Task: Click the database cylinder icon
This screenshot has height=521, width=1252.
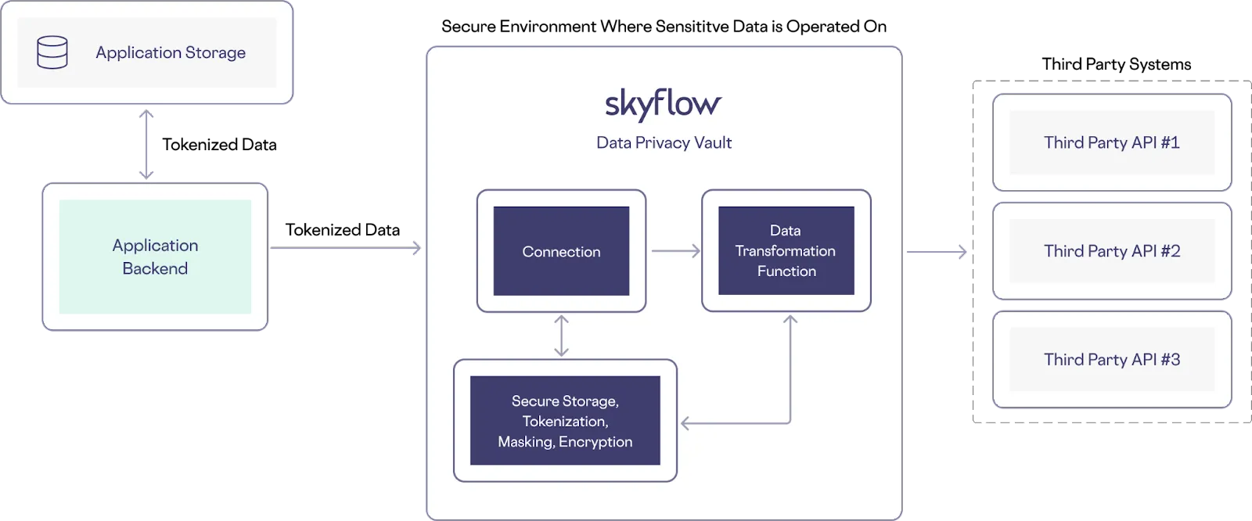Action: [52, 52]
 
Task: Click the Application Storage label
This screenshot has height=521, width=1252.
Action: [171, 52]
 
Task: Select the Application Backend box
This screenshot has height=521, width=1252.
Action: [155, 257]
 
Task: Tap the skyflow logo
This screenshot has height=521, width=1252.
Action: [663, 104]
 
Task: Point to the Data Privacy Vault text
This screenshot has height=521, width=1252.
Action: [664, 142]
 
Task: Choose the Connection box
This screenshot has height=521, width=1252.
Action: [561, 251]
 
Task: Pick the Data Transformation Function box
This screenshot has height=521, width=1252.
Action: [786, 250]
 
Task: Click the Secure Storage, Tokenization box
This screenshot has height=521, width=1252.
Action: [565, 421]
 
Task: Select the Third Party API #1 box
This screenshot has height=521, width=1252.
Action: [1111, 142]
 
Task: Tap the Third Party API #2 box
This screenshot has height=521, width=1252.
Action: [1111, 251]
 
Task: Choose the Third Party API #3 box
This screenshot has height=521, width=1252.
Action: [1111, 360]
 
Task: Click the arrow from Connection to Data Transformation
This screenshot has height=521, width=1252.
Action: [675, 251]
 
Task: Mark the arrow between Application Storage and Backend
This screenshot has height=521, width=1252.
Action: [146, 145]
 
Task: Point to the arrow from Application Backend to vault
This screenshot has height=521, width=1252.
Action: [344, 248]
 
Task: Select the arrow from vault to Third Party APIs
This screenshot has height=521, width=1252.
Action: [937, 253]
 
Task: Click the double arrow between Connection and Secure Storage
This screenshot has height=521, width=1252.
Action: [561, 336]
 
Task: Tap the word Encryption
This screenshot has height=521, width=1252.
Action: [595, 442]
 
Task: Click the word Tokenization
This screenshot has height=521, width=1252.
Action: [565, 422]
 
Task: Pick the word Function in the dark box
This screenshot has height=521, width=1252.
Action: [786, 271]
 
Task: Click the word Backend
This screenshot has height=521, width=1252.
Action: [155, 269]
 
